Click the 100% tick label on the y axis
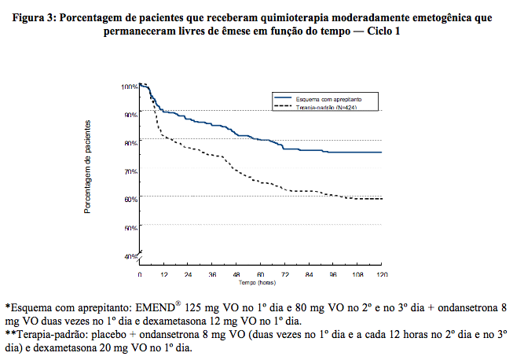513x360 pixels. coord(130,86)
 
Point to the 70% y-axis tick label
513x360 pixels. coord(130,171)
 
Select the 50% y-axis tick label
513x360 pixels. coord(130,227)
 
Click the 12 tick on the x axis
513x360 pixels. coord(164,274)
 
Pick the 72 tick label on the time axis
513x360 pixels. coord(284,274)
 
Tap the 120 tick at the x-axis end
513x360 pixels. coord(382,274)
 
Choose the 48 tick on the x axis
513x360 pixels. coord(236,274)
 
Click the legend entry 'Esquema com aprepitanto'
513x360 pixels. coord(328,98)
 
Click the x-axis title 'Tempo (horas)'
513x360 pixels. coord(260,281)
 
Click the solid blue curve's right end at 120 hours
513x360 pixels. coord(382,152)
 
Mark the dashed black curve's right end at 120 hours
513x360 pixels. coord(382,199)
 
